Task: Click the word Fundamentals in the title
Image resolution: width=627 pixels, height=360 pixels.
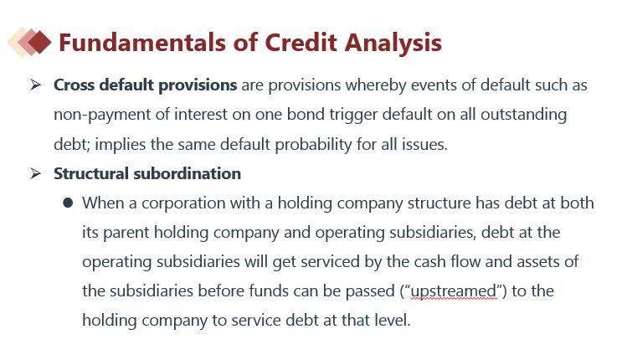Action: pos(142,43)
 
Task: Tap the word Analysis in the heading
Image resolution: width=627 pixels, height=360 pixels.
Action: pos(393,44)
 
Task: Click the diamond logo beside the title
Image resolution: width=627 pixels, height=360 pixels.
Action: pos(29,42)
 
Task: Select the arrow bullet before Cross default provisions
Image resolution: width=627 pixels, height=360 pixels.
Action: pos(35,85)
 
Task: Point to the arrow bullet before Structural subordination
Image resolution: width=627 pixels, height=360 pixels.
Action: pos(35,173)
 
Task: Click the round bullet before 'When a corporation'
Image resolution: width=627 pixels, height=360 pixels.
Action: pos(68,203)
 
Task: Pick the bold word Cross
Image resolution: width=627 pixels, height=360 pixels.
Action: pos(74,85)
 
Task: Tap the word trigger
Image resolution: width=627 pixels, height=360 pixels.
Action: pos(353,116)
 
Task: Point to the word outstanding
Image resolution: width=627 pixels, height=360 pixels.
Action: pos(523,115)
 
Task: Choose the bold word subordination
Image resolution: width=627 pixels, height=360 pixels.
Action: pos(188,173)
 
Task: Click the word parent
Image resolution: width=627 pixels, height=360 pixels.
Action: pos(126,233)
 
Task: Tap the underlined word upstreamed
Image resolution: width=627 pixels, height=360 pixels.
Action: pos(454,291)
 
